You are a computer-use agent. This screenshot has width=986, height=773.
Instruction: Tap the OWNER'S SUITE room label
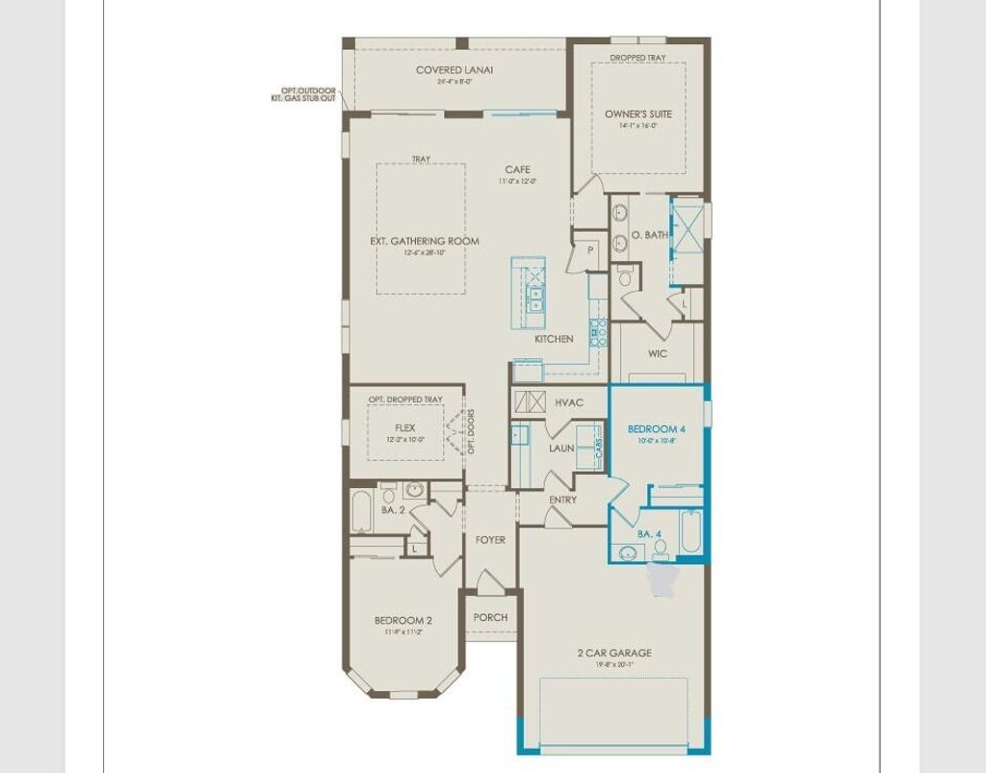click(632, 114)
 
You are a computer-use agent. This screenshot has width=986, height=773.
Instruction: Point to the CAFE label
click(517, 169)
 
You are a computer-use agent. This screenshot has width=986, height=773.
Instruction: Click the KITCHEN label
click(555, 339)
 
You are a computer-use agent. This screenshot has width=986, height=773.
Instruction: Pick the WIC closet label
click(658, 353)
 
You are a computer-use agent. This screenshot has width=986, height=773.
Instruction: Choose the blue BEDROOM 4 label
click(656, 427)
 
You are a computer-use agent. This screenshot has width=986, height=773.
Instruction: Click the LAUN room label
click(561, 449)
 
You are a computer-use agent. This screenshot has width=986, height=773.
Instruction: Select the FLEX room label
click(404, 428)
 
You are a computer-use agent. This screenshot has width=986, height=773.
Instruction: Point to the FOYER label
click(490, 540)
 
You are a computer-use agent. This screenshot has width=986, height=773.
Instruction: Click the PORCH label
click(490, 617)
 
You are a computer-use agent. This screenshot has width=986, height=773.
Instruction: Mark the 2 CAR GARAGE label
click(614, 653)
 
